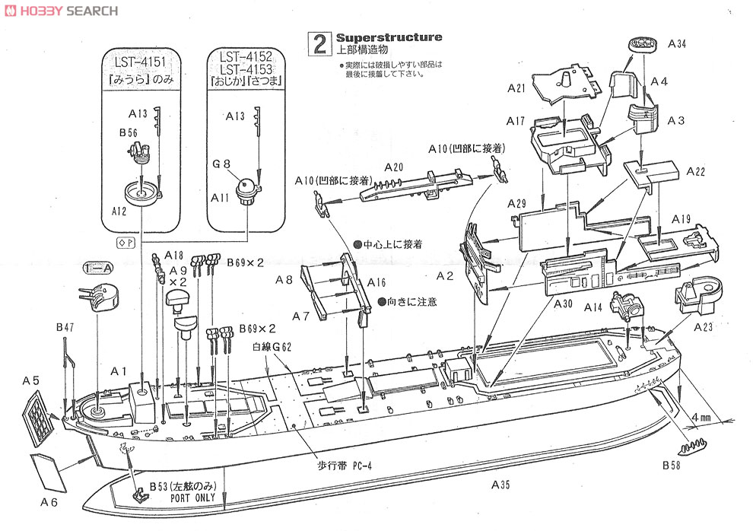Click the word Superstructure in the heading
click(389, 37)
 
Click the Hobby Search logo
click(60, 11)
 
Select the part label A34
click(677, 44)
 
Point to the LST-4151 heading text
click(141, 61)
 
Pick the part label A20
click(393, 167)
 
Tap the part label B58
click(671, 465)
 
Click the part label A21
click(516, 89)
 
